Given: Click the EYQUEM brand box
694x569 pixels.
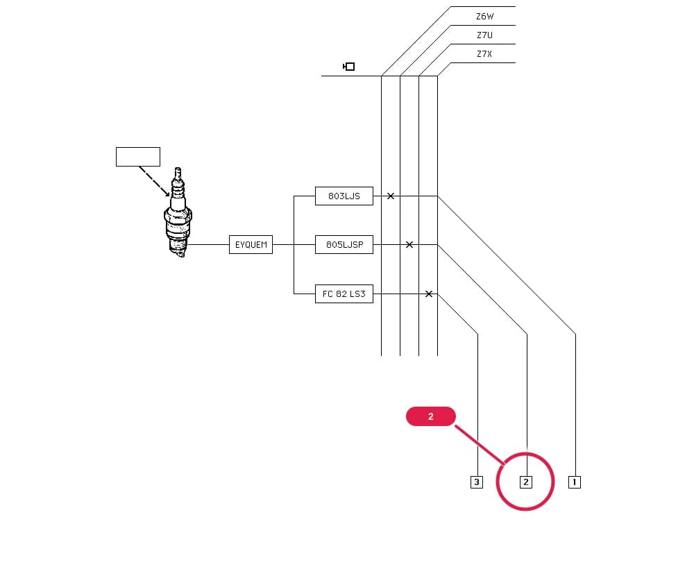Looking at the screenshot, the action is [x=251, y=245].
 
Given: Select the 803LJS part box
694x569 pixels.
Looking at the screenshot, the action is [x=344, y=196].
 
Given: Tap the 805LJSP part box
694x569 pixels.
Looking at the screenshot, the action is [x=344, y=245].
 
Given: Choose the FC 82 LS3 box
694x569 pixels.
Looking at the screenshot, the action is [x=344, y=294].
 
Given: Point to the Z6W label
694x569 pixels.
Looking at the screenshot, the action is [x=484, y=17].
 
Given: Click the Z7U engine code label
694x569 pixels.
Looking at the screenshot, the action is [x=484, y=35].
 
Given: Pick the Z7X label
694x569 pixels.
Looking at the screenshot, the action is [x=484, y=54].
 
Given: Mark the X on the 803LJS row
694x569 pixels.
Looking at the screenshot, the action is [x=390, y=196].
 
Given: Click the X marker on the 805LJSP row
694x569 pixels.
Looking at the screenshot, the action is [x=409, y=245].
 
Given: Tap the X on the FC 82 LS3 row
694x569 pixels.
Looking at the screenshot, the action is [x=428, y=294].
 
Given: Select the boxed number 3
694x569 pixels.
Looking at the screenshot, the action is [x=477, y=482].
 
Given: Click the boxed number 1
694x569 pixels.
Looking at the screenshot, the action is [x=575, y=482].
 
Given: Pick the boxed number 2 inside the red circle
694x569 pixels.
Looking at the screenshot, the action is [x=526, y=482].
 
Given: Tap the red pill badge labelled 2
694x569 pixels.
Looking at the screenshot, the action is [x=431, y=416].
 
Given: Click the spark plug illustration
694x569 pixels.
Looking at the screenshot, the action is [x=178, y=212].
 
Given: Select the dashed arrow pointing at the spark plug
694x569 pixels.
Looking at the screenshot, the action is [x=154, y=181].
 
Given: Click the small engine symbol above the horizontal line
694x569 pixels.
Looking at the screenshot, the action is [x=349, y=67].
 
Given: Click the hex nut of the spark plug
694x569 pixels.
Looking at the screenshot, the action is [x=178, y=216].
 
